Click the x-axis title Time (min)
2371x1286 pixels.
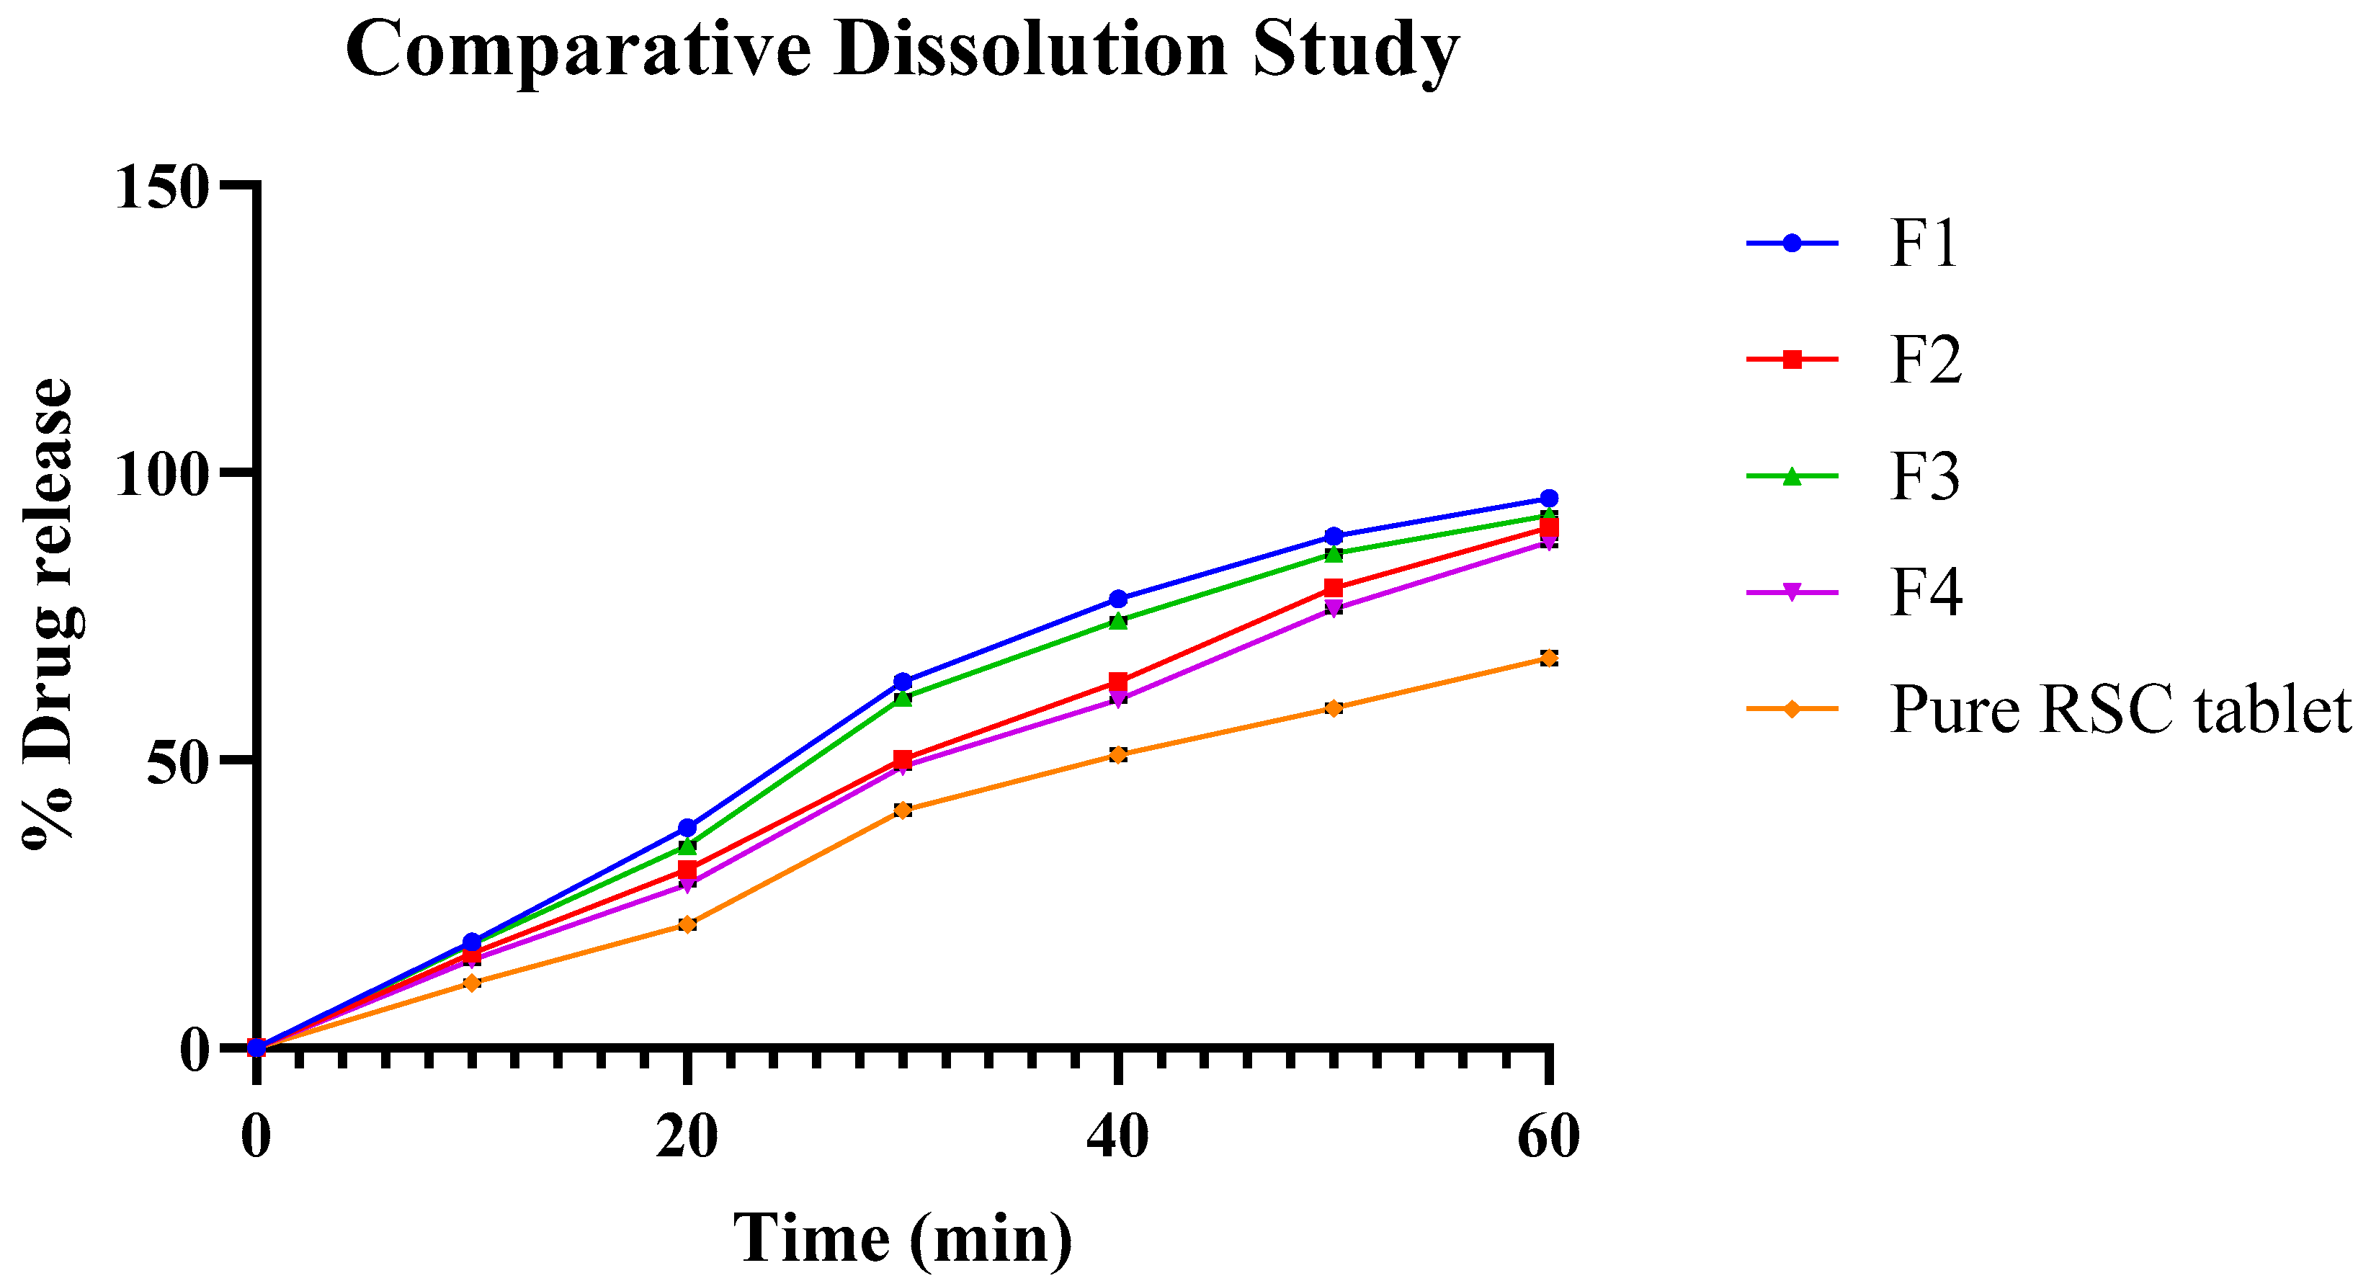point(903,1239)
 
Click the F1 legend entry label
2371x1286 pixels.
point(1924,244)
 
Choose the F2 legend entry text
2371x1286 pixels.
point(1926,360)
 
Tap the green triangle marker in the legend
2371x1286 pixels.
point(1791,477)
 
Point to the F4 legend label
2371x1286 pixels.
point(1926,593)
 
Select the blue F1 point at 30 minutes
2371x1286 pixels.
point(903,682)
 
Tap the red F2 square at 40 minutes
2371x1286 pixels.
point(1118,682)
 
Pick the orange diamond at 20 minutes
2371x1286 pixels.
point(687,924)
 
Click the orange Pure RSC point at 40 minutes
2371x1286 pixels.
point(1118,755)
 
